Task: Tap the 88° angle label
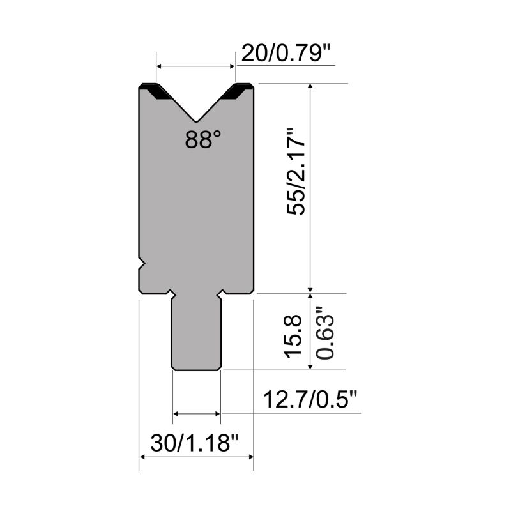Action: point(202,139)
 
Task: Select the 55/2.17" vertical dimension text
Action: point(296,171)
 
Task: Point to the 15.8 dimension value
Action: point(293,337)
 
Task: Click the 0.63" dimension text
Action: point(325,333)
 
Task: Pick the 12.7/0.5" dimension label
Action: point(310,399)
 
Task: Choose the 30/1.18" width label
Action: point(195,443)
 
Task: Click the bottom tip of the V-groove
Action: point(196,122)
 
